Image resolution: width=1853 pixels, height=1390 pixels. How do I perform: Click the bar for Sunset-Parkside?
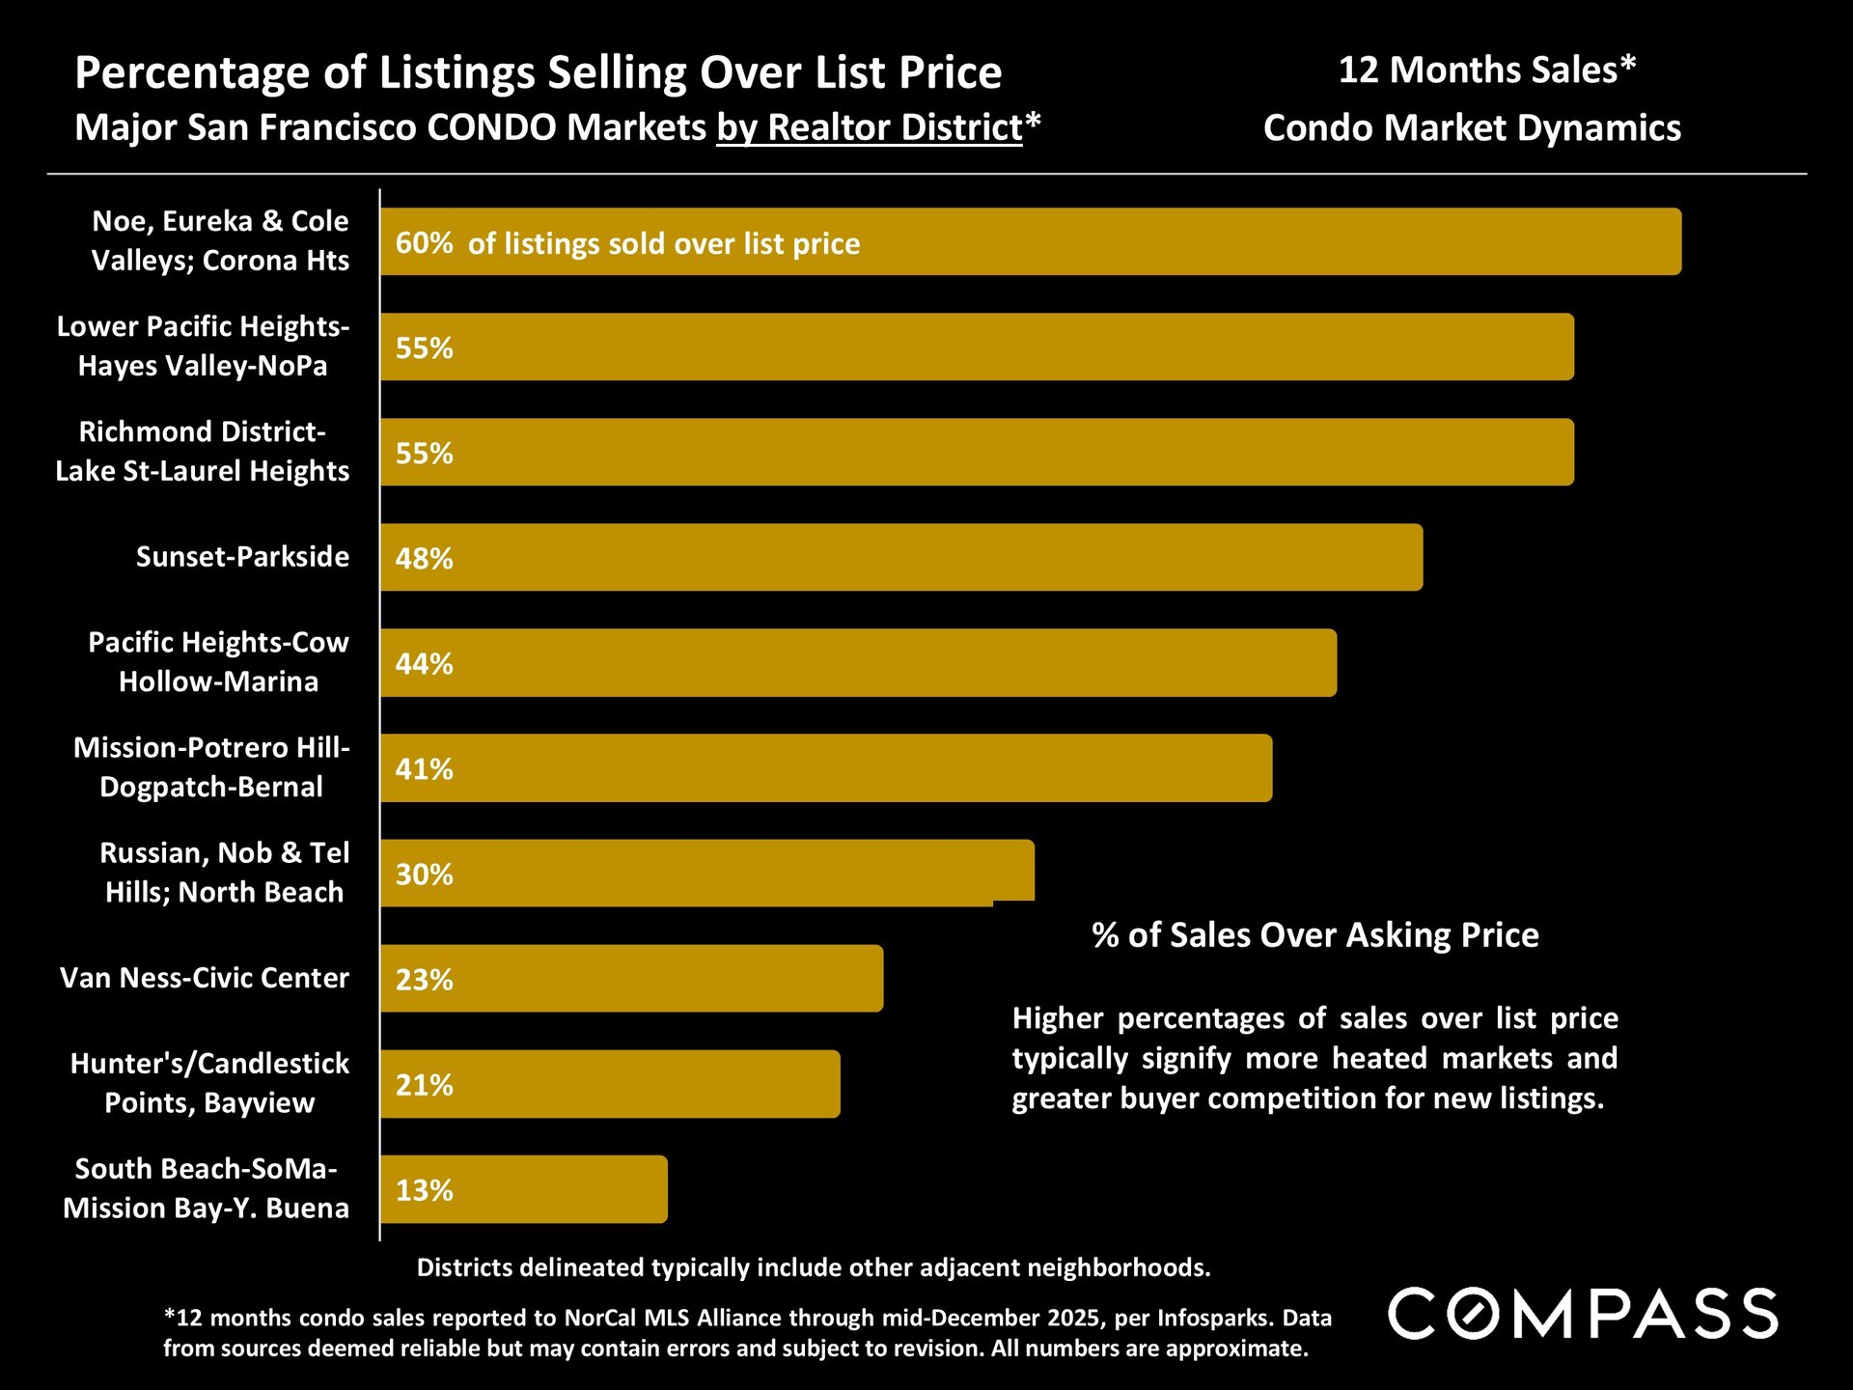[x=901, y=557]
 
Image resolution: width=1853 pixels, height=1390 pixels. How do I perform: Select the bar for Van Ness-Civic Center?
[x=632, y=978]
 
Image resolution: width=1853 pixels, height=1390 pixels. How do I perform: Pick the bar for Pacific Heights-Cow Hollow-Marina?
[x=859, y=662]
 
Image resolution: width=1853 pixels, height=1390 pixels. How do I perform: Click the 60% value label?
[x=424, y=242]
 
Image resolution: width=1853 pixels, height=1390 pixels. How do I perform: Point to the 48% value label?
[x=424, y=558]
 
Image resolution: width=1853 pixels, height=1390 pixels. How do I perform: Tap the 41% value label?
[x=424, y=768]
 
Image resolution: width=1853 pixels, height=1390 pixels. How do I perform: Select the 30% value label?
[x=424, y=874]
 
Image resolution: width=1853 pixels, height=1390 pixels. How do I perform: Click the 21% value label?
[x=424, y=1084]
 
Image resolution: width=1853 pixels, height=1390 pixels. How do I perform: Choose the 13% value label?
[x=424, y=1189]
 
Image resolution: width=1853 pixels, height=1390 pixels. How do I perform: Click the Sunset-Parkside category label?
[x=242, y=556]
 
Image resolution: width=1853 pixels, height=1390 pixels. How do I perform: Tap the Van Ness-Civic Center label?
[x=205, y=977]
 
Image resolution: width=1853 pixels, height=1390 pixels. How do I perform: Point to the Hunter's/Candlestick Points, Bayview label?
[x=209, y=1082]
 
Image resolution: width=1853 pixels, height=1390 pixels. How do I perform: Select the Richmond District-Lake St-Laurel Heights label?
[x=203, y=451]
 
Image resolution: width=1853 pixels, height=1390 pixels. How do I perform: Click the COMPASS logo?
[x=1583, y=1314]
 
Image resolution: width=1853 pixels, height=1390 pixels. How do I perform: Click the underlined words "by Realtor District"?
[x=869, y=127]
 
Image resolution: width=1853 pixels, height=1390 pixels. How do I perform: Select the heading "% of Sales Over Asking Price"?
[x=1314, y=934]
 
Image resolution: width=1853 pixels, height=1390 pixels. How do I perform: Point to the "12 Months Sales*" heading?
[x=1486, y=69]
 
